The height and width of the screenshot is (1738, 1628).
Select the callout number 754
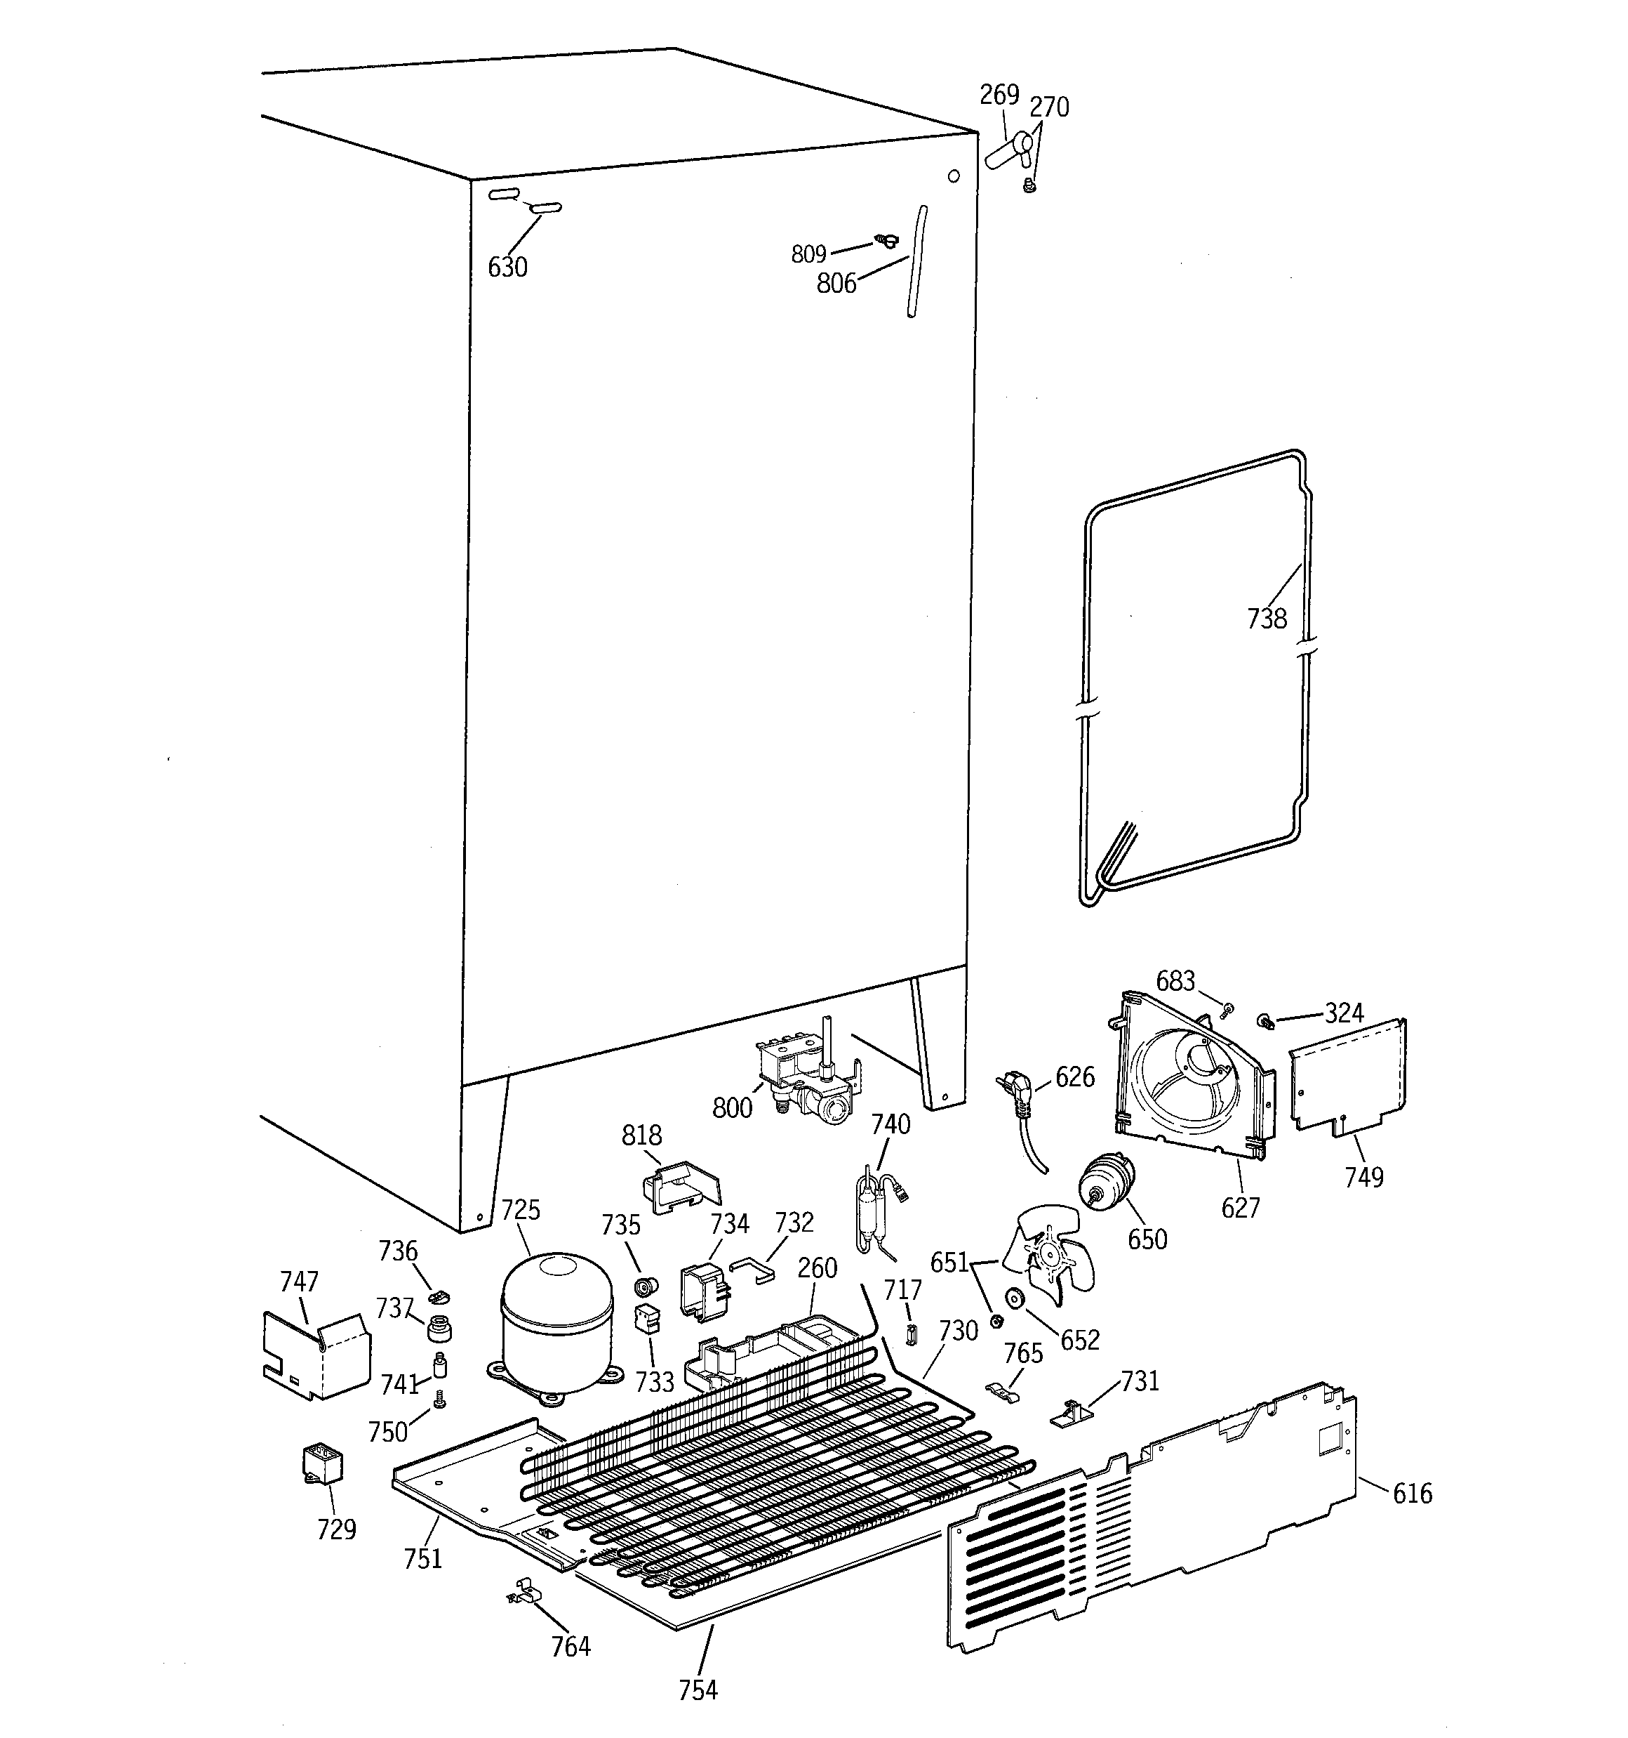point(698,1691)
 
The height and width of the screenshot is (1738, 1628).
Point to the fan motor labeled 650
point(1105,1181)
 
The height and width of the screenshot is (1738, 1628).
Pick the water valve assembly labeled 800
point(808,1079)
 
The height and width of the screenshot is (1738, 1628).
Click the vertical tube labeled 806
point(916,262)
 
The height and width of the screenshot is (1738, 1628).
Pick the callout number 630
point(508,267)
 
